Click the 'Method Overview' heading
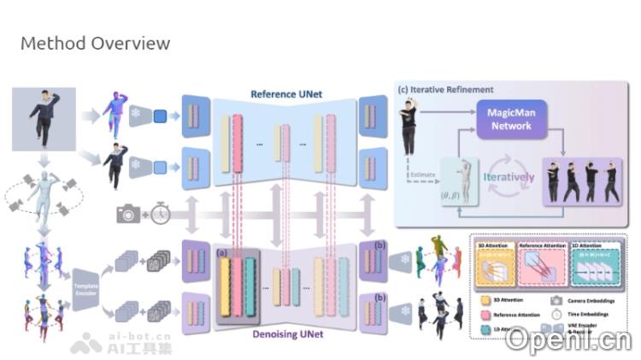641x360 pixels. coord(95,43)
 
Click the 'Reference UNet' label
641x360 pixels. coord(285,93)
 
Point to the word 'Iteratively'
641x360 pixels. coord(508,178)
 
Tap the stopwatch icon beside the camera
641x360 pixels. coord(160,214)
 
